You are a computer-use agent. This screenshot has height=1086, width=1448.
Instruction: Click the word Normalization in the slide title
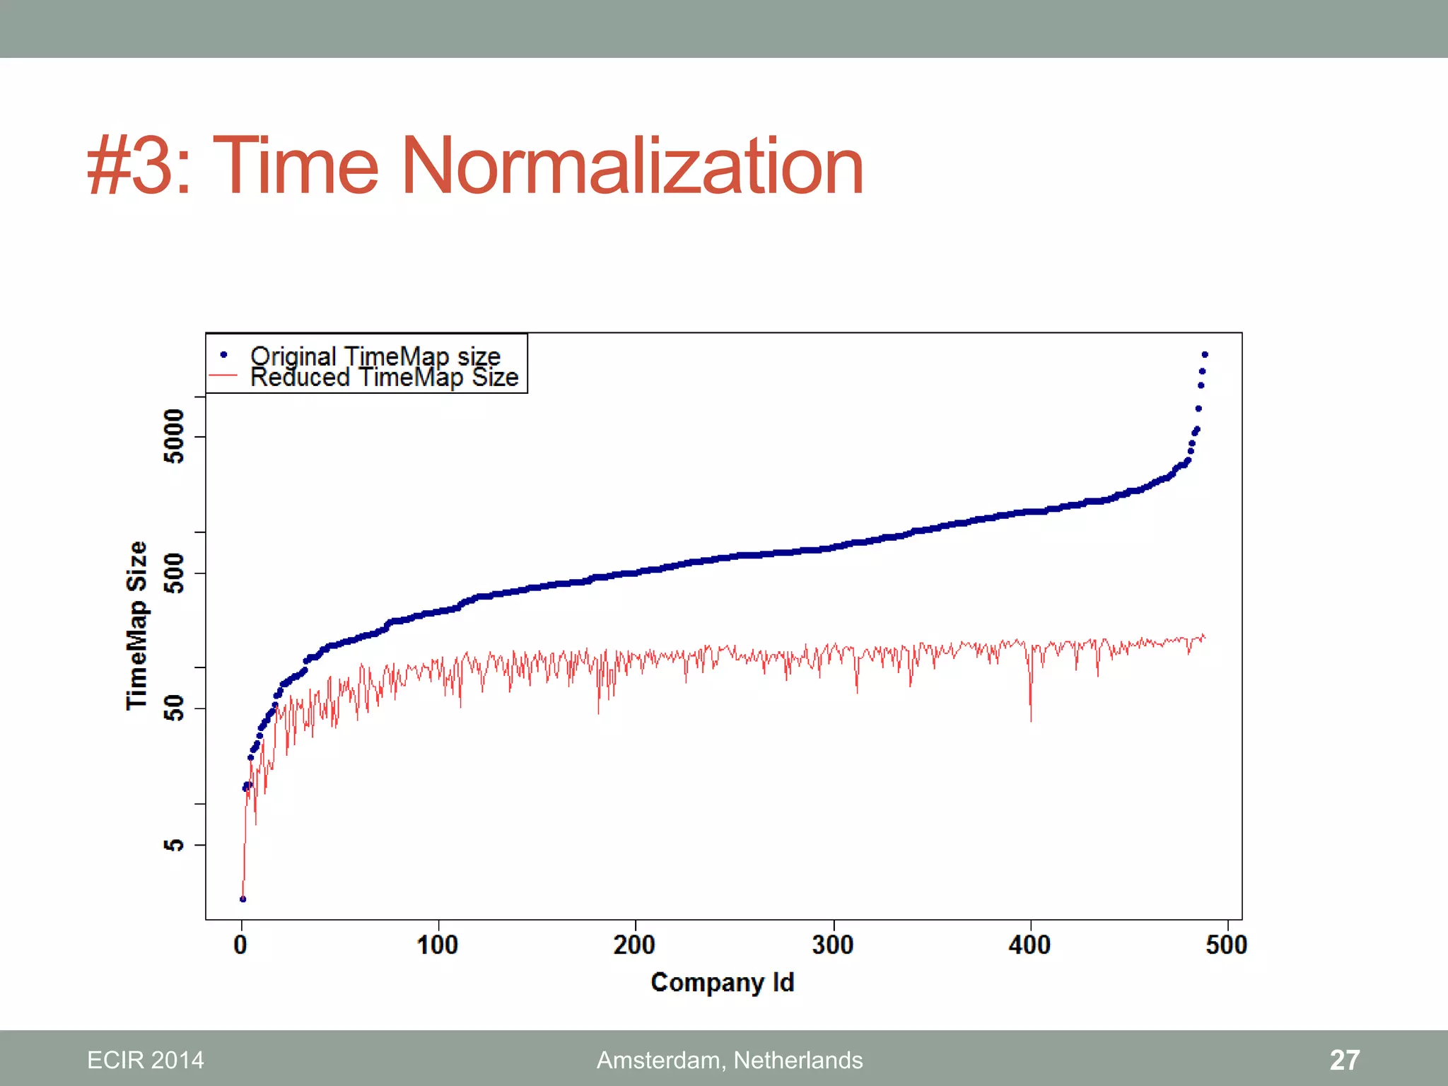[x=633, y=166]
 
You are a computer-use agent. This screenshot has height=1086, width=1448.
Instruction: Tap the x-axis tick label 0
[x=241, y=945]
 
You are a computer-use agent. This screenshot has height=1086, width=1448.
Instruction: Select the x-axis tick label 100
[x=438, y=945]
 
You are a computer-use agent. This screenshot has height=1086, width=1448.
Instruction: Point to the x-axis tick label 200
[x=634, y=945]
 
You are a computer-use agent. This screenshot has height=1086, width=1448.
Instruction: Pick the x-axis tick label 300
[x=833, y=945]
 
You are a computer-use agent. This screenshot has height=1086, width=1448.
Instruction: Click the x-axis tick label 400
[x=1029, y=945]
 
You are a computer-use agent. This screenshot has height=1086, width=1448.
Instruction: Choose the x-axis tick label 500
[x=1227, y=945]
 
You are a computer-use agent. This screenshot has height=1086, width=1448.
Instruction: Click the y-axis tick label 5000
[x=174, y=436]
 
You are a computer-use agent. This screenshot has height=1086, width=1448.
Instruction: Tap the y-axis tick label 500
[x=174, y=573]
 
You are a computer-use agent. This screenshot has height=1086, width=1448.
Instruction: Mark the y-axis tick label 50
[x=174, y=708]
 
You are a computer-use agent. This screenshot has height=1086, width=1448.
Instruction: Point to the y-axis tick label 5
[x=174, y=845]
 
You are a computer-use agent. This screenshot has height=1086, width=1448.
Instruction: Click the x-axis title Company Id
[x=723, y=982]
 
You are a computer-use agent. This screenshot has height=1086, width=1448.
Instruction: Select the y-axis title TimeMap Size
[x=136, y=626]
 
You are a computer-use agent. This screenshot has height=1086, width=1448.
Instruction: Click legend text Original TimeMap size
[x=375, y=356]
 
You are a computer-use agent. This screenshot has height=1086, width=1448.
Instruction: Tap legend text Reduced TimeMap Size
[x=384, y=378]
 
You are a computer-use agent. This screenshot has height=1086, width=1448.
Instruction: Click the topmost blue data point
[x=1205, y=355]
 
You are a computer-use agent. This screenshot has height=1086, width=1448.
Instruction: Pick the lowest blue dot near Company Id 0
[x=243, y=899]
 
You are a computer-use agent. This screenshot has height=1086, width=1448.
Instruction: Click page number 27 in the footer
[x=1344, y=1060]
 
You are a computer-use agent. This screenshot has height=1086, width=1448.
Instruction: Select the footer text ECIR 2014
[x=146, y=1060]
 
